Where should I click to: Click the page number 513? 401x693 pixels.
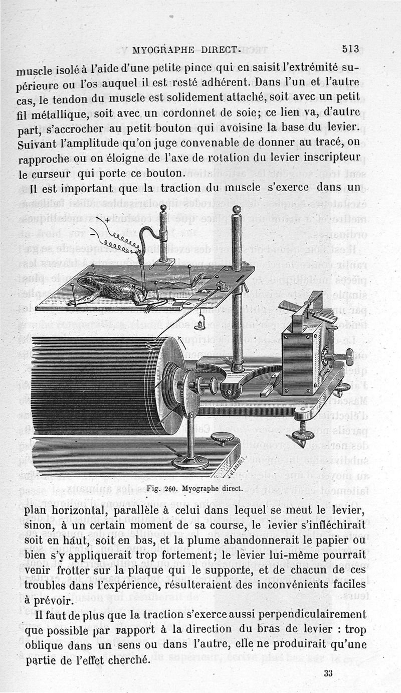350,49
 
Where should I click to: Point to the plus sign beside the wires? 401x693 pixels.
107,219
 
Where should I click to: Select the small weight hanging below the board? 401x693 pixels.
198,324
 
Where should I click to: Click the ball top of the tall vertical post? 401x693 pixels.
237,209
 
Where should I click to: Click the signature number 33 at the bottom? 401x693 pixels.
328,673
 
